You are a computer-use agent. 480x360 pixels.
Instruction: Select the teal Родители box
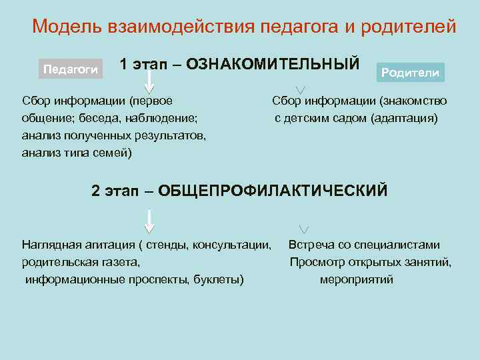410,72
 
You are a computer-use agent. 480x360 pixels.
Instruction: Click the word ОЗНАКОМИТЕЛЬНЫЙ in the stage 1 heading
273,64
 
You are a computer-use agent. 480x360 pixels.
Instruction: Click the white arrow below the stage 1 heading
149,83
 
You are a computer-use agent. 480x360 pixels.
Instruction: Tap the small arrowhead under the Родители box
301,90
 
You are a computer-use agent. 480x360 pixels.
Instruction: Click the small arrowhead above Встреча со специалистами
304,229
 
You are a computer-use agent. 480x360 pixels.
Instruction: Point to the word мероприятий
356,279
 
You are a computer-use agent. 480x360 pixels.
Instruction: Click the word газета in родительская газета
119,263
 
